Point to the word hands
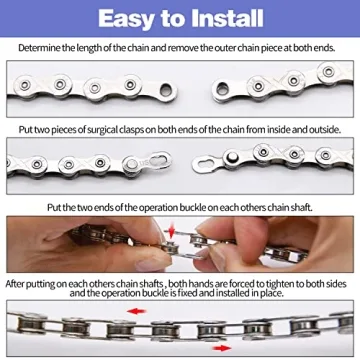coord(186,284)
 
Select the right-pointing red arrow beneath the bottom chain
coord(237,350)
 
